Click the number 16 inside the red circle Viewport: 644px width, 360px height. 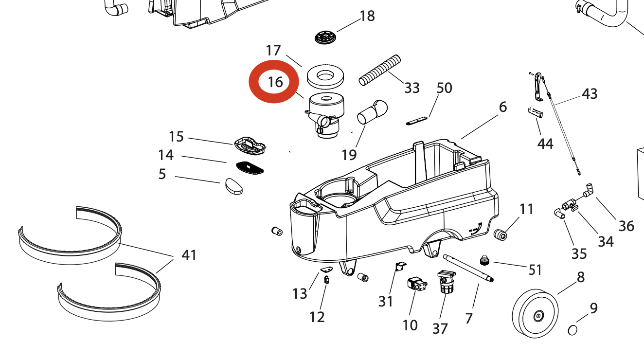(x=275, y=82)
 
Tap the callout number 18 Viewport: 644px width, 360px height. (x=367, y=16)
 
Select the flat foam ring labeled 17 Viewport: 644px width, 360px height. (x=325, y=75)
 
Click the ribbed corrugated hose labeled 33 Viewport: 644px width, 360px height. (x=380, y=71)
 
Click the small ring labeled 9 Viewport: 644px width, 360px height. (x=573, y=330)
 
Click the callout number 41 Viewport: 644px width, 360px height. (x=189, y=255)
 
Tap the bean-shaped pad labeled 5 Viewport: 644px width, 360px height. (x=234, y=186)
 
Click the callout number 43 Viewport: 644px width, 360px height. (x=590, y=93)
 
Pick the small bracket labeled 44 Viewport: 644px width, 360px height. (x=535, y=112)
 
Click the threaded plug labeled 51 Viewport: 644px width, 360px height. (x=484, y=261)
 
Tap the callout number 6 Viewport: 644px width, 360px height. (x=503, y=107)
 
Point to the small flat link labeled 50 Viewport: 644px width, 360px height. (x=416, y=121)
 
